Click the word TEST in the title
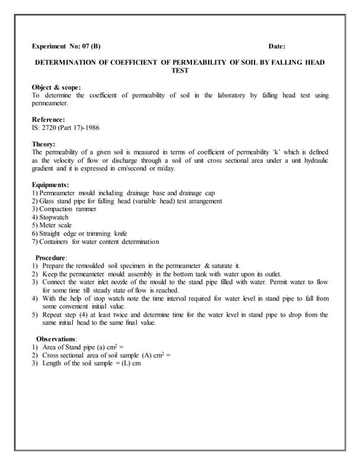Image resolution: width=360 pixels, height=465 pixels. (179, 71)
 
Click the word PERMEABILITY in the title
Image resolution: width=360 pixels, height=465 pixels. (203, 62)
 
